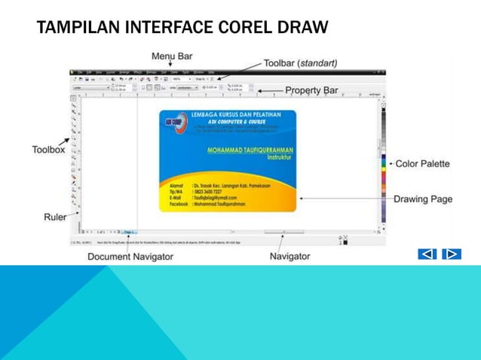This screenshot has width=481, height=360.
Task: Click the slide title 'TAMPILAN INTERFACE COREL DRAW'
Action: (182, 29)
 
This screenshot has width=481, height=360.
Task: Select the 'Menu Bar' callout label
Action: (172, 56)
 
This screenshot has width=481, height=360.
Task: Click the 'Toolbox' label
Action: (47, 149)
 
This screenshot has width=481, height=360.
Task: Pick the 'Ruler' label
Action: (54, 216)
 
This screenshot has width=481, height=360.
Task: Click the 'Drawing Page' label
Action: (422, 199)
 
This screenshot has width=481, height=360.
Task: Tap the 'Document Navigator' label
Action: (130, 257)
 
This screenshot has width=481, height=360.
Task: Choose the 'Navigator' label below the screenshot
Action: (290, 257)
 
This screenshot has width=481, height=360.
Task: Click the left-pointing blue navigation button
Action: (427, 255)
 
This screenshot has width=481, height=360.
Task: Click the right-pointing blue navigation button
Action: (451, 255)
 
